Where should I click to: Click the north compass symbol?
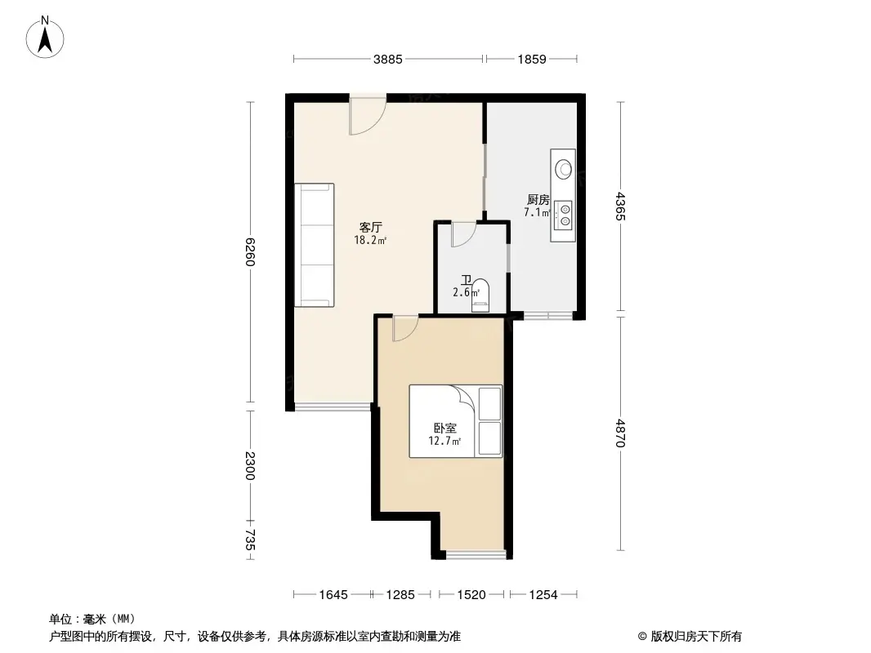(x=47, y=37)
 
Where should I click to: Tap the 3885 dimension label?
(x=388, y=59)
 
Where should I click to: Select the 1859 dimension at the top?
(x=531, y=59)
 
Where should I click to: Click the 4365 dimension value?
(x=621, y=207)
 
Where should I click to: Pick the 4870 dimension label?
(x=621, y=433)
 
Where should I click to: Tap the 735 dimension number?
(x=251, y=541)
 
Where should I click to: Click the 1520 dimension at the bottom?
(x=473, y=595)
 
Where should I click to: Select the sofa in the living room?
(x=315, y=245)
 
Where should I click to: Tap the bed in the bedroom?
(x=455, y=421)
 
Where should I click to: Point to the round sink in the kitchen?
(x=564, y=170)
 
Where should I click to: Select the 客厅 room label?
(x=372, y=228)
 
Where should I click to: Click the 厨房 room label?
(x=537, y=199)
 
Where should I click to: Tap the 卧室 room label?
(x=444, y=429)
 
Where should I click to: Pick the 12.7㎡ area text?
(x=444, y=442)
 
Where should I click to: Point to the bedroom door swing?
(x=404, y=328)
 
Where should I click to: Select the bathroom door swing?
(x=463, y=233)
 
